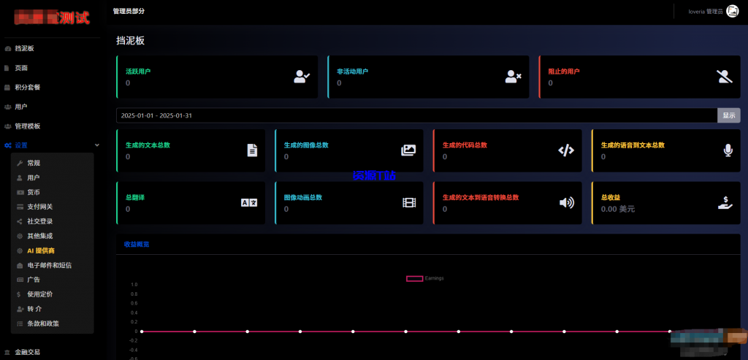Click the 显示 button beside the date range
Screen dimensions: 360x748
coord(728,115)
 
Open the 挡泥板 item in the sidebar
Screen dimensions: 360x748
coord(24,48)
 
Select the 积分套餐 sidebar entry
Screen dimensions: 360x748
coord(27,87)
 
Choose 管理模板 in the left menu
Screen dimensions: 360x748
coord(27,126)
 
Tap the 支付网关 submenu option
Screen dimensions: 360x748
coord(39,207)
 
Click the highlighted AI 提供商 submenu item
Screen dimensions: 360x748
coord(40,250)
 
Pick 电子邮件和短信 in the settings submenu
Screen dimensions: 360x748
coord(49,265)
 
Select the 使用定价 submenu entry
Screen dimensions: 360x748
coord(39,294)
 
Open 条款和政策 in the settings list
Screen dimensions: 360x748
coord(43,323)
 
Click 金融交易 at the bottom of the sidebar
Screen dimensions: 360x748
coord(27,352)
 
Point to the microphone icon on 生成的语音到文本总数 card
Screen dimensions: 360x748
coord(728,150)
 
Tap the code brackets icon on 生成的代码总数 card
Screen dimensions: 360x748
coord(566,150)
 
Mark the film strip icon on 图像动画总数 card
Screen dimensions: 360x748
coord(408,202)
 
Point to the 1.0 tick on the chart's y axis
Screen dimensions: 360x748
coord(134,285)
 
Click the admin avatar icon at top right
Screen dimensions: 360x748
coord(732,12)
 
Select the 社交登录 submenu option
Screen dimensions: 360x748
coord(39,221)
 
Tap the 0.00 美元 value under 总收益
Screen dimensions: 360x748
coord(617,209)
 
